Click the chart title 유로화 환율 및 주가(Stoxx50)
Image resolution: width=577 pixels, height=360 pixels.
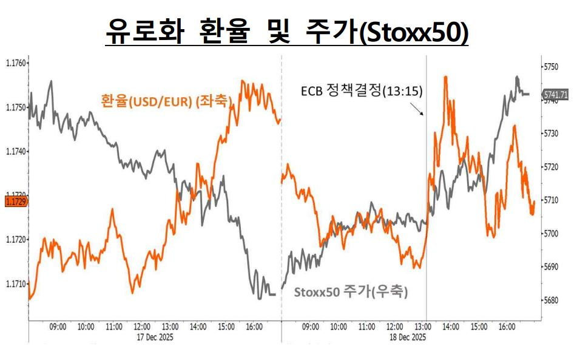287,30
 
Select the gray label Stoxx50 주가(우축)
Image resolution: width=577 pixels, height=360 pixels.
351,291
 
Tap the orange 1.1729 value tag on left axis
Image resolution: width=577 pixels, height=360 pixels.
14,201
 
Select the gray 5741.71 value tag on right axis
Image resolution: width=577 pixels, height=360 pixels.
556,95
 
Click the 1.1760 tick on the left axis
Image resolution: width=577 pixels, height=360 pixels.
15,63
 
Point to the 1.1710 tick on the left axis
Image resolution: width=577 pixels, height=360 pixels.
15,284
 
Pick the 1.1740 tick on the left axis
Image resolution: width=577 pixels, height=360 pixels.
15,151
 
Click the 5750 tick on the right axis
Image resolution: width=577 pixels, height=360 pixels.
552,66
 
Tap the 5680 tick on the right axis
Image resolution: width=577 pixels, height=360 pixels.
552,300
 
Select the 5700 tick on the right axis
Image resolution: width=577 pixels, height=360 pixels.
552,233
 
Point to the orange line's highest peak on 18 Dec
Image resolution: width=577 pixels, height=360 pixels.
446,77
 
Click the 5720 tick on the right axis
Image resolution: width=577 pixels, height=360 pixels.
552,166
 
